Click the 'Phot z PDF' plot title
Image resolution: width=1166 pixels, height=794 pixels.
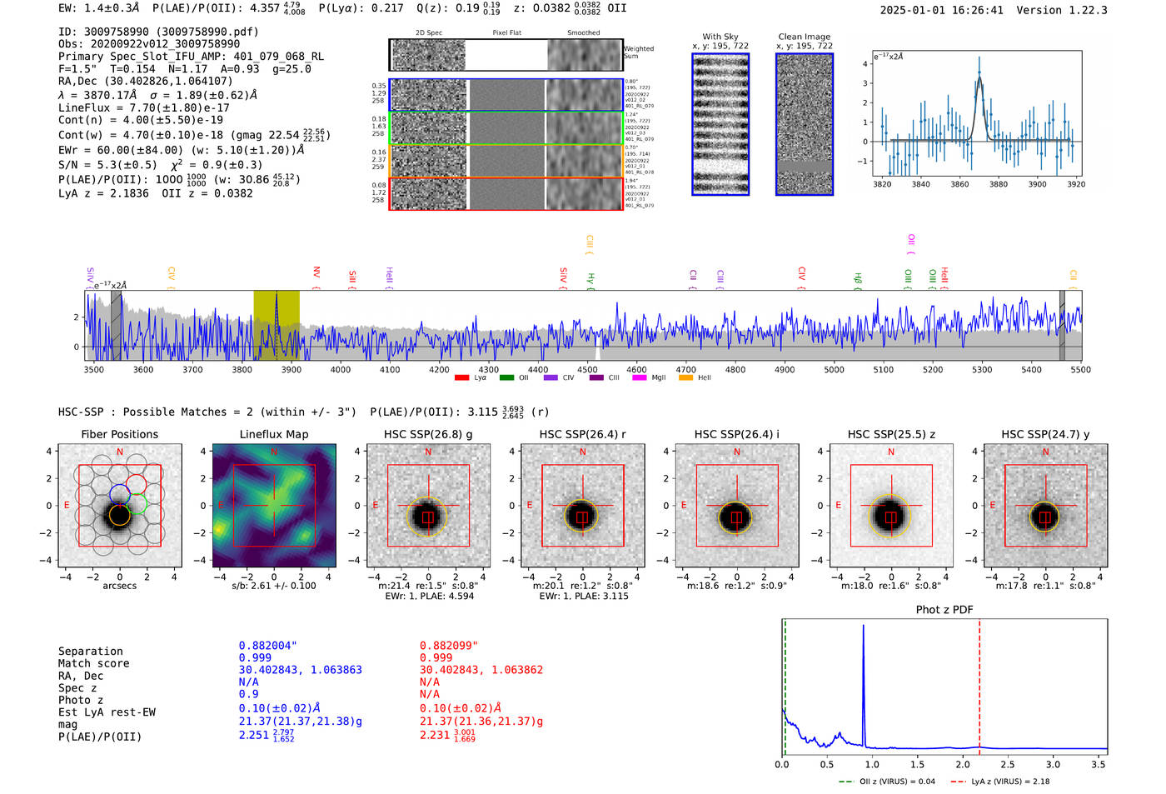click(x=944, y=610)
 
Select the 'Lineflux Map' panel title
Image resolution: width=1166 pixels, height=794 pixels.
click(x=273, y=434)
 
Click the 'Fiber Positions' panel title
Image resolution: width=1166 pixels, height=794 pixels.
click(x=119, y=434)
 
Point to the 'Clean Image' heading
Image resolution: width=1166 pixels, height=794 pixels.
click(x=804, y=37)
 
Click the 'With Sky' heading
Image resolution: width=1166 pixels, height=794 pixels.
click(x=720, y=37)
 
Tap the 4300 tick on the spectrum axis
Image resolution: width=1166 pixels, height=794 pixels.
click(x=488, y=370)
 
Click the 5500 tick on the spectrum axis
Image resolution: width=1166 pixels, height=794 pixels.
click(x=1080, y=370)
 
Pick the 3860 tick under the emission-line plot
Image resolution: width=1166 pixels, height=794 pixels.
click(x=959, y=184)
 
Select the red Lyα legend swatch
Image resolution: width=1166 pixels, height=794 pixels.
click(x=461, y=378)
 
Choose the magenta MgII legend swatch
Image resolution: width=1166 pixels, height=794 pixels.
click(x=639, y=378)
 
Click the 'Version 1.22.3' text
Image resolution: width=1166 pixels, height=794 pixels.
click(x=1074, y=10)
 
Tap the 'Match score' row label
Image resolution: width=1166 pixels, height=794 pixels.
click(x=93, y=663)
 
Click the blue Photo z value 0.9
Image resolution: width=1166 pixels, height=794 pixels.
click(x=248, y=694)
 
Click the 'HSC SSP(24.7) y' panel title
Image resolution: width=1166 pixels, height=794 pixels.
click(x=1045, y=434)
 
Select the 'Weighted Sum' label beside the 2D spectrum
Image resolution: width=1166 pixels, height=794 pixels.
click(x=638, y=52)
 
